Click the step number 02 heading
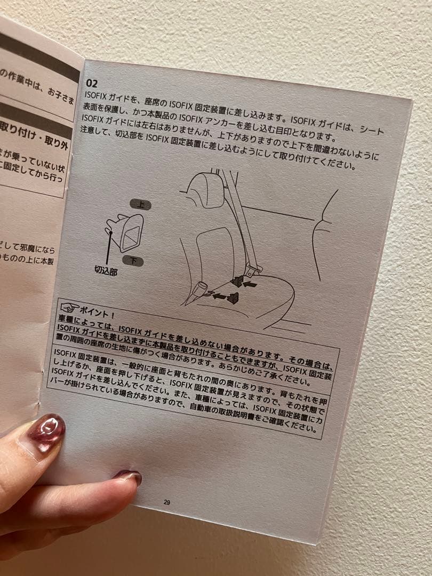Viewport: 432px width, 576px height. [91, 83]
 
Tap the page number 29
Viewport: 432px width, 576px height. [167, 502]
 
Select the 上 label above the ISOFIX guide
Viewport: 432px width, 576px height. [140, 204]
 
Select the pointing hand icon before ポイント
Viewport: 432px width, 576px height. [69, 308]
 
